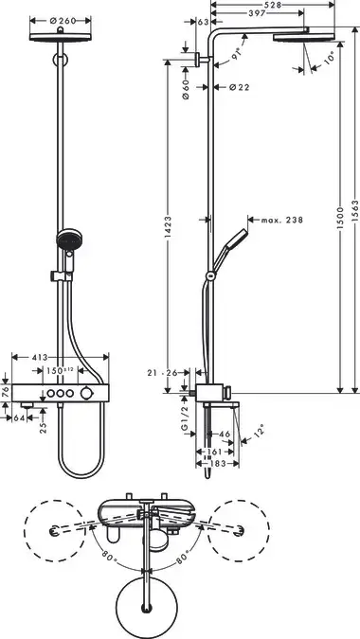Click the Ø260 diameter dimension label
[63, 21]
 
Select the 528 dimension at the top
[272, 5]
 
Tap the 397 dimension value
[257, 13]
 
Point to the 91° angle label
[236, 53]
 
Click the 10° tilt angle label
[329, 58]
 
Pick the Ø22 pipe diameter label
[239, 87]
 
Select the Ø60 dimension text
[186, 90]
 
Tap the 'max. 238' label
[282, 220]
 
